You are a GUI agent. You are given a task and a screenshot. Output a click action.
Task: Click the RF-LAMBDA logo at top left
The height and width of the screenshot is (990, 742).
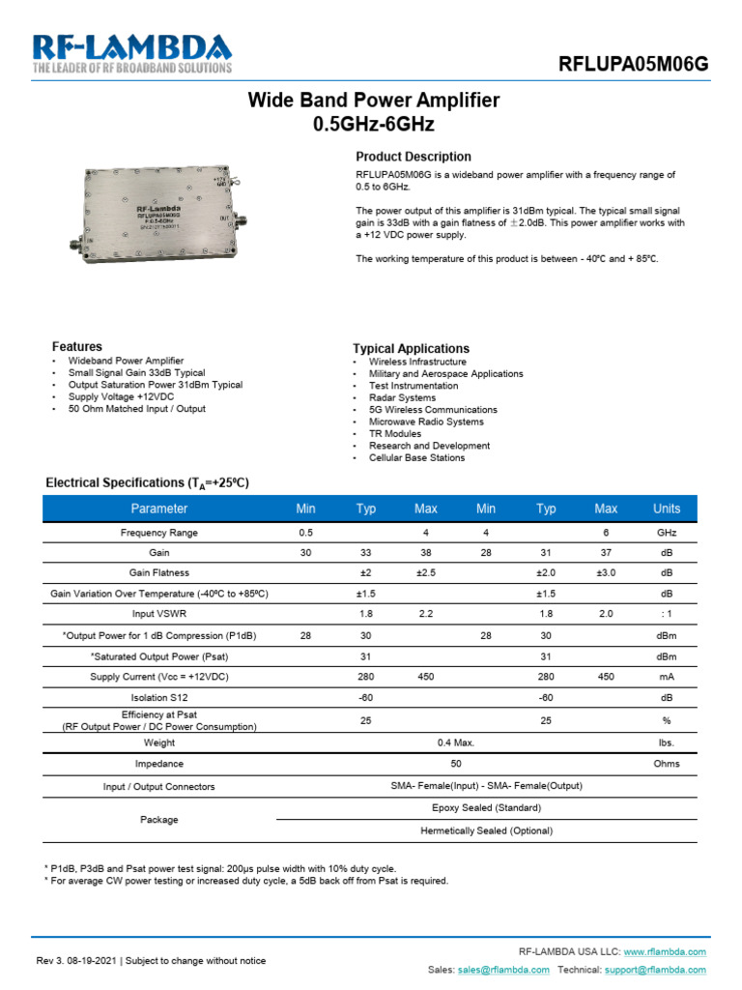tap(132, 54)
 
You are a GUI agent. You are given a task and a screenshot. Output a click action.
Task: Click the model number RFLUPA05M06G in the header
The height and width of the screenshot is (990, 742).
tap(634, 65)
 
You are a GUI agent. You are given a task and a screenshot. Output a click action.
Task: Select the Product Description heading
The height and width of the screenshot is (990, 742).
tap(414, 157)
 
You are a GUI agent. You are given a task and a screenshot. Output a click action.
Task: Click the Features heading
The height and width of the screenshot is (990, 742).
tap(76, 346)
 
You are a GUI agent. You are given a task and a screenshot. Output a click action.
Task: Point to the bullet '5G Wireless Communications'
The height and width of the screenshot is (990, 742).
tap(433, 410)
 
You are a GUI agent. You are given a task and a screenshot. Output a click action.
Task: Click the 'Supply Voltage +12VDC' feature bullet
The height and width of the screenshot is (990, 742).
tap(122, 397)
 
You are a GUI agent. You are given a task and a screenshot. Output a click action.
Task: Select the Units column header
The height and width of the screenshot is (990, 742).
tap(667, 509)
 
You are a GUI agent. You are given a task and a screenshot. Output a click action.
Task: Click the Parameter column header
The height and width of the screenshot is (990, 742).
tap(159, 509)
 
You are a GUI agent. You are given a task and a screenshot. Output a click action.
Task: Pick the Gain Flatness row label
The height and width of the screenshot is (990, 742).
tap(159, 573)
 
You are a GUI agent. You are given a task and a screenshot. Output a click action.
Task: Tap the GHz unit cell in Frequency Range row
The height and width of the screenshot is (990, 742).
tap(667, 533)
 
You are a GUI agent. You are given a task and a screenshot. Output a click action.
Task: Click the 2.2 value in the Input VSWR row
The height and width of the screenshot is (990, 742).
tap(426, 614)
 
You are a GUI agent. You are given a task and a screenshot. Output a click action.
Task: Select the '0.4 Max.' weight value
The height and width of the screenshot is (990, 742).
tap(456, 743)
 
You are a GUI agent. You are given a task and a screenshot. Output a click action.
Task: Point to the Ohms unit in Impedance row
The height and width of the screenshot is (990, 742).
tap(667, 764)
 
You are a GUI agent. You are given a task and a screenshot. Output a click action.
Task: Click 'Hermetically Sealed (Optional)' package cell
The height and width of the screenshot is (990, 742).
tap(486, 830)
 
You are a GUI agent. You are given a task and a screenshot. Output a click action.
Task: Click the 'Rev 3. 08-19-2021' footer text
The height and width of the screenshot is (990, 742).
tap(77, 960)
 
